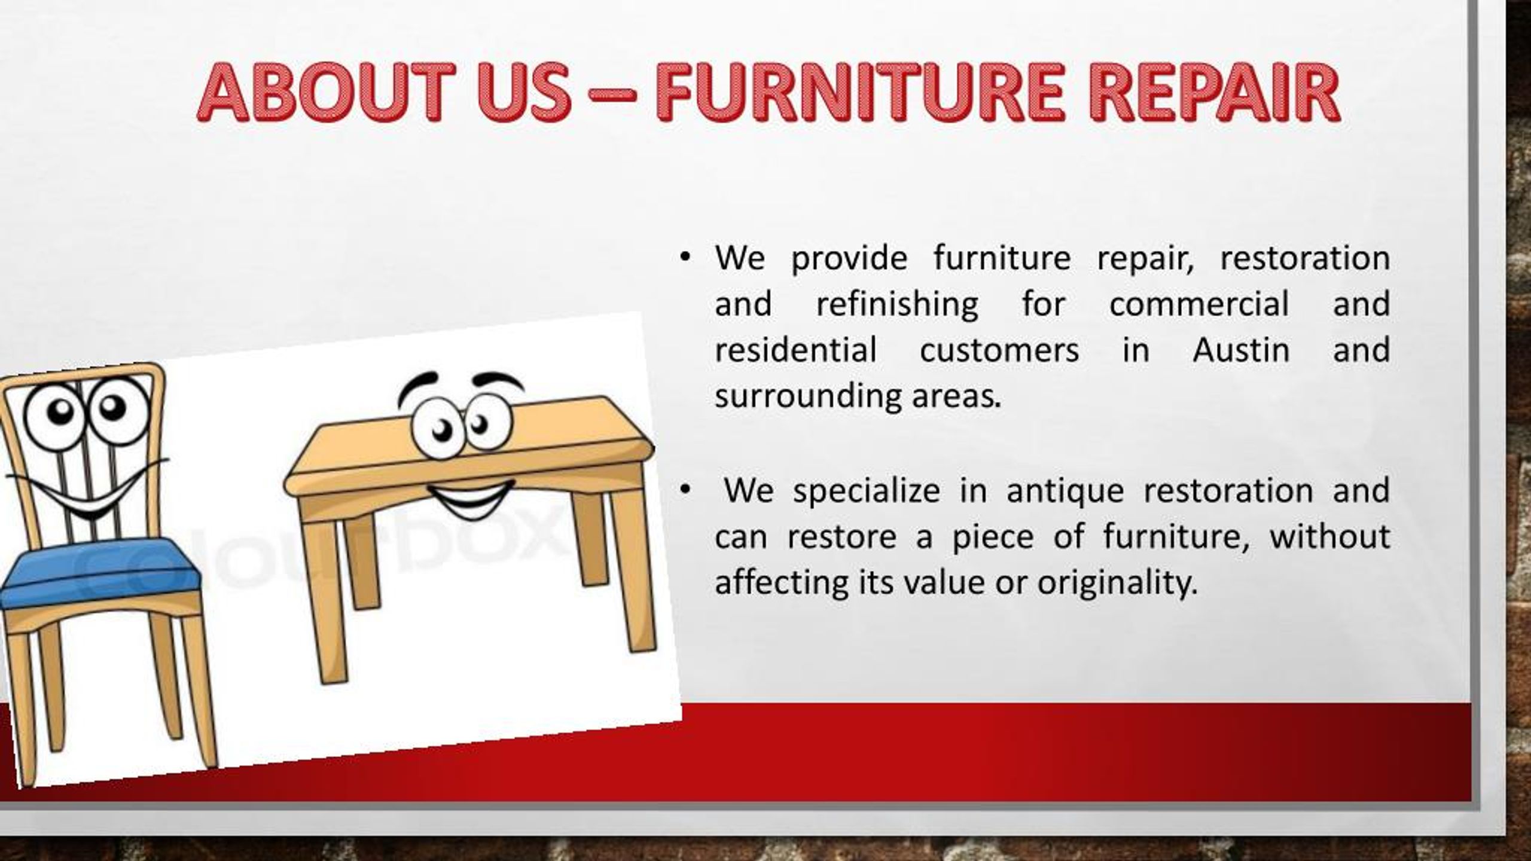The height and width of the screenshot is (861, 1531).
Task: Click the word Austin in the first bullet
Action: (1241, 350)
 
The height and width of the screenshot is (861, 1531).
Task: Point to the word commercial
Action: (1198, 304)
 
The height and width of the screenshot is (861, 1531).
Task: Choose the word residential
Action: (795, 350)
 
